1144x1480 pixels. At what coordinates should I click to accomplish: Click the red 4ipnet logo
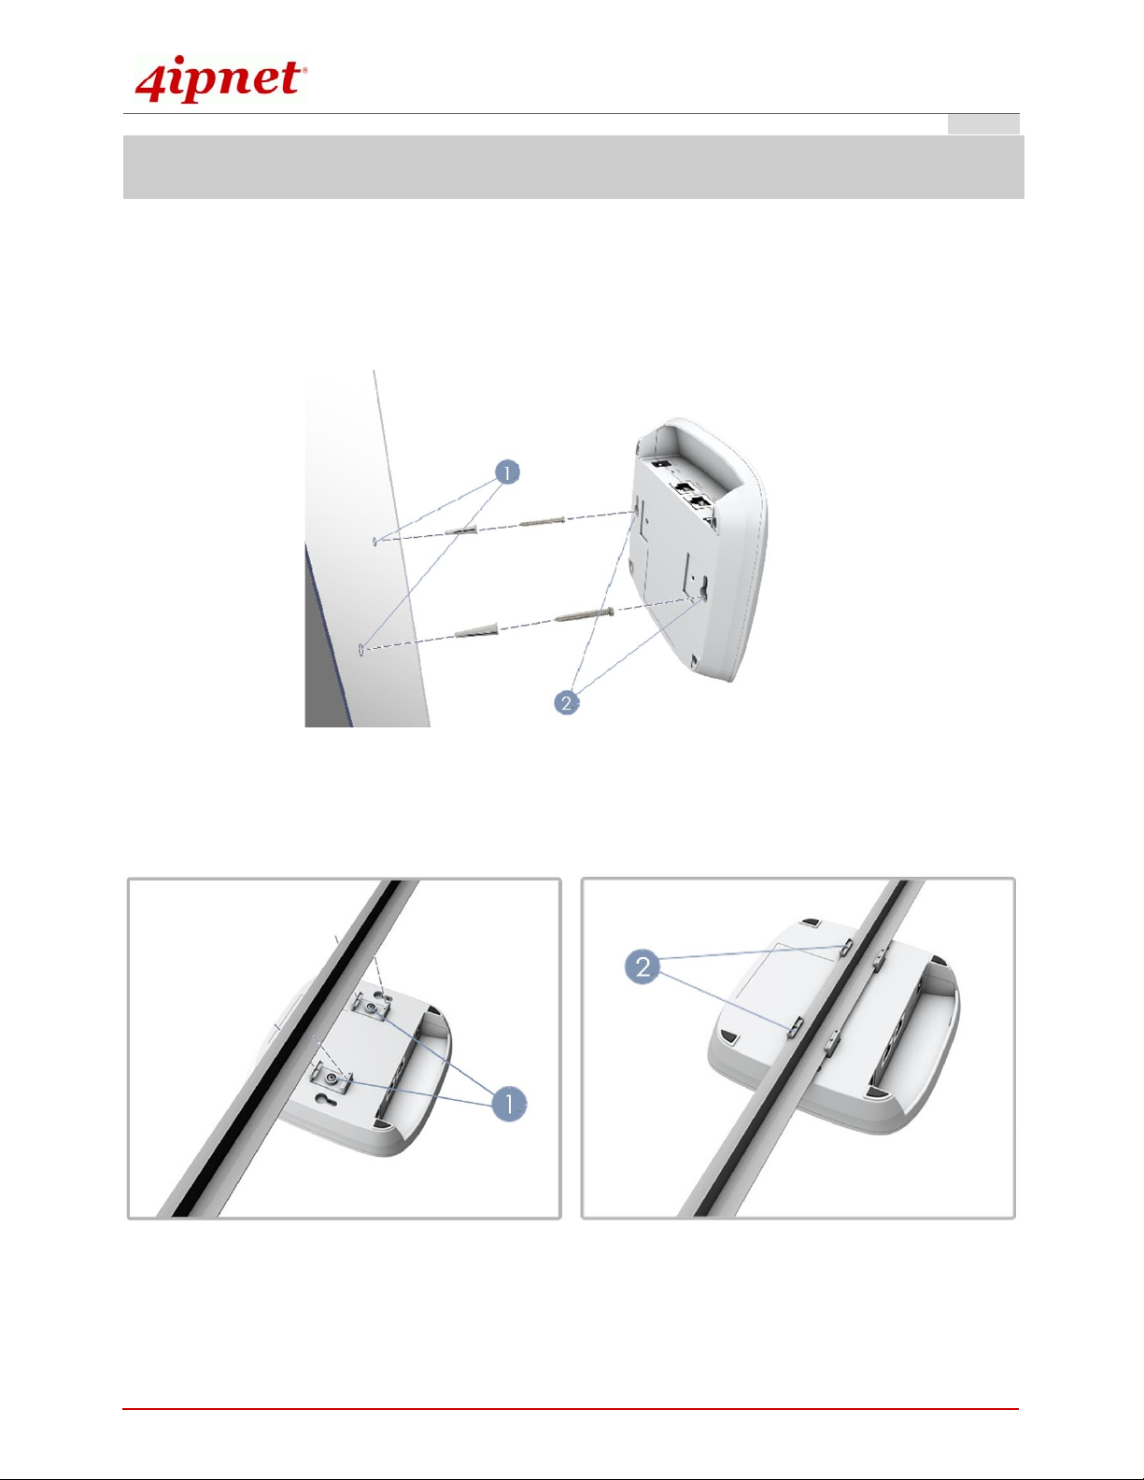point(220,79)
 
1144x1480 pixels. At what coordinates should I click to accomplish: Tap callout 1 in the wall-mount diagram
point(507,472)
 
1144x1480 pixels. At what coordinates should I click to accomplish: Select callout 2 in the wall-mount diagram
point(567,702)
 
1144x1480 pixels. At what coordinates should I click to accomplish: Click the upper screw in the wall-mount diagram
point(542,522)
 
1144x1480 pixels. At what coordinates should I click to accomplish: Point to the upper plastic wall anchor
point(460,529)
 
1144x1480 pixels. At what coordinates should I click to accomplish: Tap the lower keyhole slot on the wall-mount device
point(702,588)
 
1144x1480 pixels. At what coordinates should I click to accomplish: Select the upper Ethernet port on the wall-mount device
point(683,488)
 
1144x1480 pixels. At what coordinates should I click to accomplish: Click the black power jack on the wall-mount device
point(659,464)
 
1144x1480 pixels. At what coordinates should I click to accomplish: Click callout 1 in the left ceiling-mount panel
point(509,1103)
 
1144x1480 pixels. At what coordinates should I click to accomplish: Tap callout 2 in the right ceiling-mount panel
point(643,966)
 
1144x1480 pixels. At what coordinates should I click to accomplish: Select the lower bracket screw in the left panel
point(331,1078)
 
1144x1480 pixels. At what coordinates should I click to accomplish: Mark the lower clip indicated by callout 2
point(796,1026)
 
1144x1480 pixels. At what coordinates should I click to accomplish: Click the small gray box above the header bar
point(983,124)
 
